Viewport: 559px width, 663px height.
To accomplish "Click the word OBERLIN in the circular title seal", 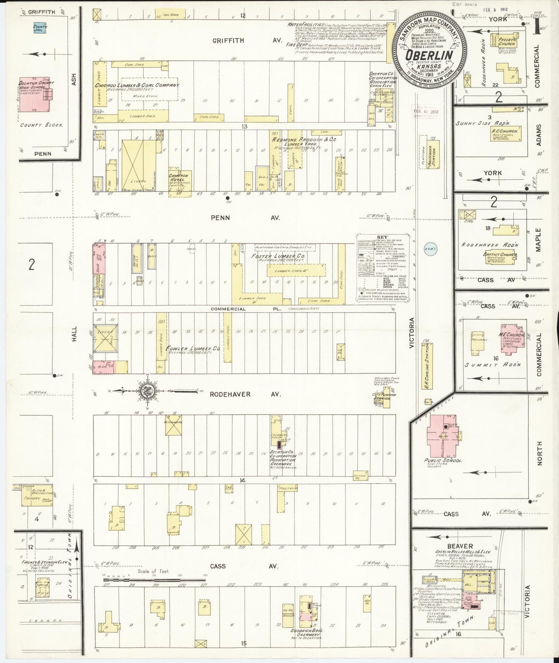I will point(429,55).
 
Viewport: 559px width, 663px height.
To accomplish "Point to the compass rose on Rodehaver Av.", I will point(147,392).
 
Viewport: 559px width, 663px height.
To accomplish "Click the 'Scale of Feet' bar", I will point(155,580).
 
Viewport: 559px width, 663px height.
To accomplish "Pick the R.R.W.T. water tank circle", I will point(430,249).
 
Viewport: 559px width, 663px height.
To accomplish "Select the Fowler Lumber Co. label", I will point(193,349).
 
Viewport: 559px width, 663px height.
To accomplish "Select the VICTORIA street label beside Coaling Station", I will point(412,331).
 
